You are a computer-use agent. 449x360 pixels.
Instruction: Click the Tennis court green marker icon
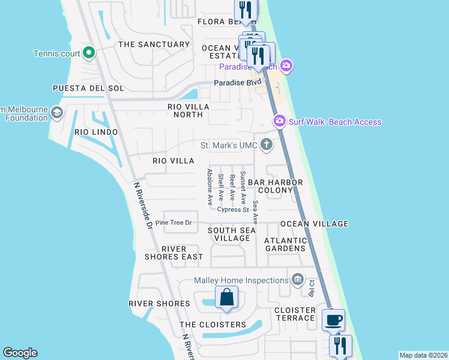click(x=89, y=53)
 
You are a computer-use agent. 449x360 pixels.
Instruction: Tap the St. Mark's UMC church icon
click(x=266, y=145)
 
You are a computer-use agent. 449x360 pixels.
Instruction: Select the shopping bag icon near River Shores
click(x=226, y=298)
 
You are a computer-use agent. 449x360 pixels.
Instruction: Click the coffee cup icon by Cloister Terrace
click(x=333, y=320)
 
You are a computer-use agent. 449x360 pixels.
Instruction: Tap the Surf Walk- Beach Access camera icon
click(x=279, y=122)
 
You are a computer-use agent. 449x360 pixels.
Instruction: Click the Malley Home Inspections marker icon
click(x=297, y=280)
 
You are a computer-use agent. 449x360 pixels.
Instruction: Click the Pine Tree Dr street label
click(x=173, y=223)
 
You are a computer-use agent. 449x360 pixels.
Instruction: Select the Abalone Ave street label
click(x=210, y=187)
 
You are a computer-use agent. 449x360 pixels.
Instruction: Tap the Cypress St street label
click(x=233, y=210)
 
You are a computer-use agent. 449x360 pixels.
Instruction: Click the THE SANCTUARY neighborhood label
click(x=154, y=44)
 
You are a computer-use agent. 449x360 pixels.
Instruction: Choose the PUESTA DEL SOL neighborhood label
click(x=88, y=88)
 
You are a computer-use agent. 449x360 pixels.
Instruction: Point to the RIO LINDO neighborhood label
click(x=96, y=132)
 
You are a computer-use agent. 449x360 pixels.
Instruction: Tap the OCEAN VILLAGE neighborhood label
click(x=314, y=224)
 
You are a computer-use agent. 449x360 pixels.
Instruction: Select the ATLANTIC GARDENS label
click(x=286, y=245)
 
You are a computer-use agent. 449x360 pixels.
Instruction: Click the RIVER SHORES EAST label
click(x=173, y=253)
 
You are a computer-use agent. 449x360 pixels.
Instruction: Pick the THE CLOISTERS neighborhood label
click(x=212, y=325)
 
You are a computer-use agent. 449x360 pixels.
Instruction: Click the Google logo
click(x=20, y=353)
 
